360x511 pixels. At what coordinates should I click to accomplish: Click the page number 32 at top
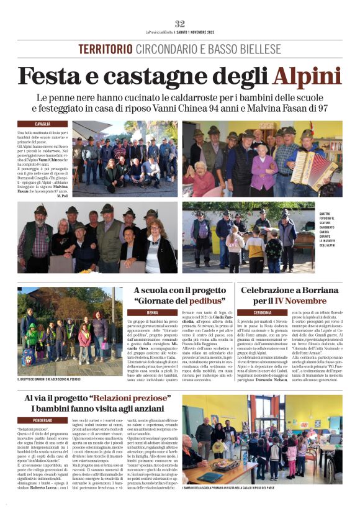point(180,23)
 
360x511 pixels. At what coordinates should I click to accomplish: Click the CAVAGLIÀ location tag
point(43,124)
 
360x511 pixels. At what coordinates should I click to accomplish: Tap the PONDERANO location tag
point(43,420)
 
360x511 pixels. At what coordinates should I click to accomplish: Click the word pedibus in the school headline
point(202,301)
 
